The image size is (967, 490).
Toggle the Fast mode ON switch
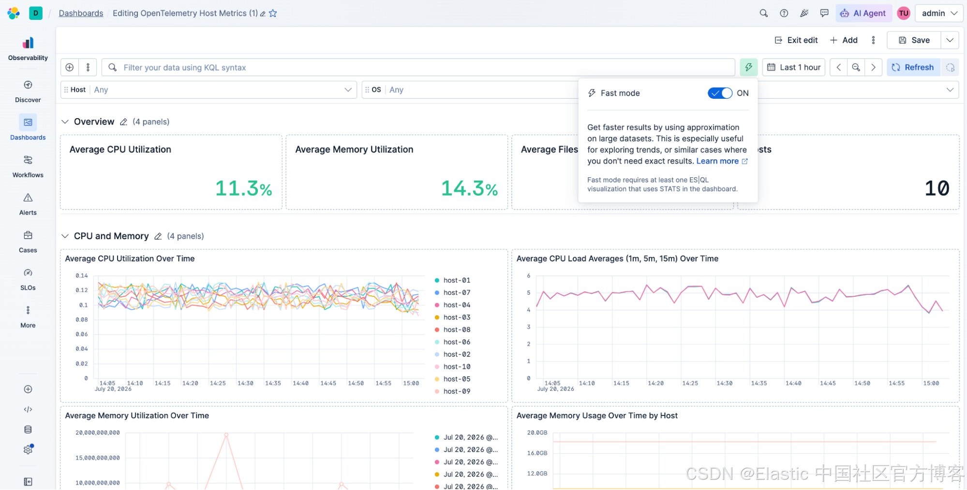720,93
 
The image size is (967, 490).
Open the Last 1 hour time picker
794,67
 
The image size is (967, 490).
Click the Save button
914,40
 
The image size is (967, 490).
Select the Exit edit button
796,40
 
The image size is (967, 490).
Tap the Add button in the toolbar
844,40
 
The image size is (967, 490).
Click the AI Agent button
863,13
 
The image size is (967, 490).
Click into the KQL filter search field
418,67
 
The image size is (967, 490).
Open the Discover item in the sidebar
28,92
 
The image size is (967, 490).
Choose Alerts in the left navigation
28,204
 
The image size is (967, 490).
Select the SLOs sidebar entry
28,279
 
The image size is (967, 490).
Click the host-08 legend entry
452,330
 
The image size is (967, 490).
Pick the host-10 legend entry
452,367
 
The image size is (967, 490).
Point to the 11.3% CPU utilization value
244,188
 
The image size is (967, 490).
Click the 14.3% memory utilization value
469,188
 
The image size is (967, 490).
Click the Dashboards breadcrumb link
81,13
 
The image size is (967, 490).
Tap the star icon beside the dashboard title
273,13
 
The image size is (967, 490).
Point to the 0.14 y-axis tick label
82,276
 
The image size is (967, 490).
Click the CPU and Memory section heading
111,236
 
